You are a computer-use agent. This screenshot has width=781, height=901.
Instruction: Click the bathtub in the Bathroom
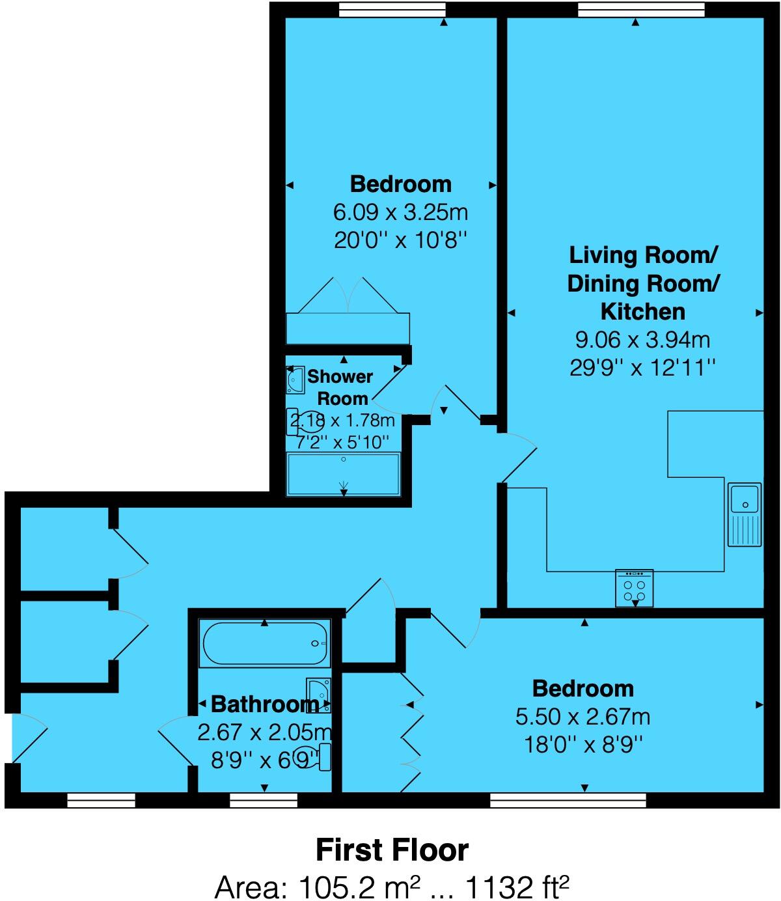click(x=265, y=644)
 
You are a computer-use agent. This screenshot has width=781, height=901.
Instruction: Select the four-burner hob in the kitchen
click(x=634, y=589)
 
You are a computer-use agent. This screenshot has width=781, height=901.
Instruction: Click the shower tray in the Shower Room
click(x=344, y=475)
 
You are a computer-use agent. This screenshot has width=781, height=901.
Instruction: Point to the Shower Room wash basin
click(x=295, y=380)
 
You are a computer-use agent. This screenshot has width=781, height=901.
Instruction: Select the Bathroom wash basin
click(x=318, y=695)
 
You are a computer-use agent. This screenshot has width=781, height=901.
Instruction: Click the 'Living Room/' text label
click(x=642, y=255)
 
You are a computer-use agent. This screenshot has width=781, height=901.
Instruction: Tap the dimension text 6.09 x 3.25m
click(x=400, y=212)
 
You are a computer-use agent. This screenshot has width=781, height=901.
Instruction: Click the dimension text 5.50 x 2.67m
click(x=582, y=717)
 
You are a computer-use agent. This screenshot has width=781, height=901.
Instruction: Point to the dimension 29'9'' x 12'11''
click(x=642, y=368)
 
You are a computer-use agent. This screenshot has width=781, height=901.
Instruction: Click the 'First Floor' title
click(x=392, y=850)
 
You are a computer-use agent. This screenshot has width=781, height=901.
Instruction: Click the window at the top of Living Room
click(x=640, y=9)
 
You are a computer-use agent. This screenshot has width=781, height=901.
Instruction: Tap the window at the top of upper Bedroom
click(x=392, y=9)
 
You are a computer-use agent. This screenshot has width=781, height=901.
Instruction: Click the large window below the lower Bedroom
click(x=568, y=800)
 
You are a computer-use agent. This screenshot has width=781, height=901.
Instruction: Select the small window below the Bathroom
click(x=264, y=800)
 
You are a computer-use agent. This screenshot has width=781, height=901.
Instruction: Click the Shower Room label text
click(x=340, y=387)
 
